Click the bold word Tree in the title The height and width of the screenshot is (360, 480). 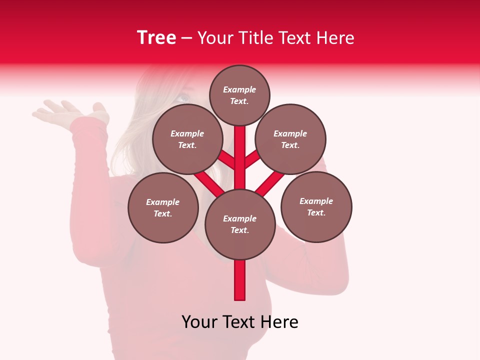[x=156, y=37]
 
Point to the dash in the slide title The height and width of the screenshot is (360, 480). [x=187, y=38]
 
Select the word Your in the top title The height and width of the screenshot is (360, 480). [x=215, y=38]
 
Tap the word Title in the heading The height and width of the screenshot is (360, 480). [x=255, y=38]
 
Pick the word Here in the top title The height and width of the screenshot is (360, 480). [x=336, y=38]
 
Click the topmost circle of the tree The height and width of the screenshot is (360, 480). [x=239, y=95]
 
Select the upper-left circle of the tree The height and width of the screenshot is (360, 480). [x=187, y=139]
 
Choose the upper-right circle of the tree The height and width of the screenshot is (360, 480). [x=290, y=139]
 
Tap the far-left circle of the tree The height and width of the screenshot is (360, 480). [x=163, y=207]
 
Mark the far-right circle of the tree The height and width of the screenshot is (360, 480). [x=316, y=206]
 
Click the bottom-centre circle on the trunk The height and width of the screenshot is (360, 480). [x=240, y=224]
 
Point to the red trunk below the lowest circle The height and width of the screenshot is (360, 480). [x=240, y=280]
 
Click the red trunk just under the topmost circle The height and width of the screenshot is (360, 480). [x=240, y=137]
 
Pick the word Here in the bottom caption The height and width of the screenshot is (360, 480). [x=280, y=322]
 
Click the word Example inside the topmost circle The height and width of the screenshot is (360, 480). [x=239, y=89]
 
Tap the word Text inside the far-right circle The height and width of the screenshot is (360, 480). [x=316, y=212]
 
